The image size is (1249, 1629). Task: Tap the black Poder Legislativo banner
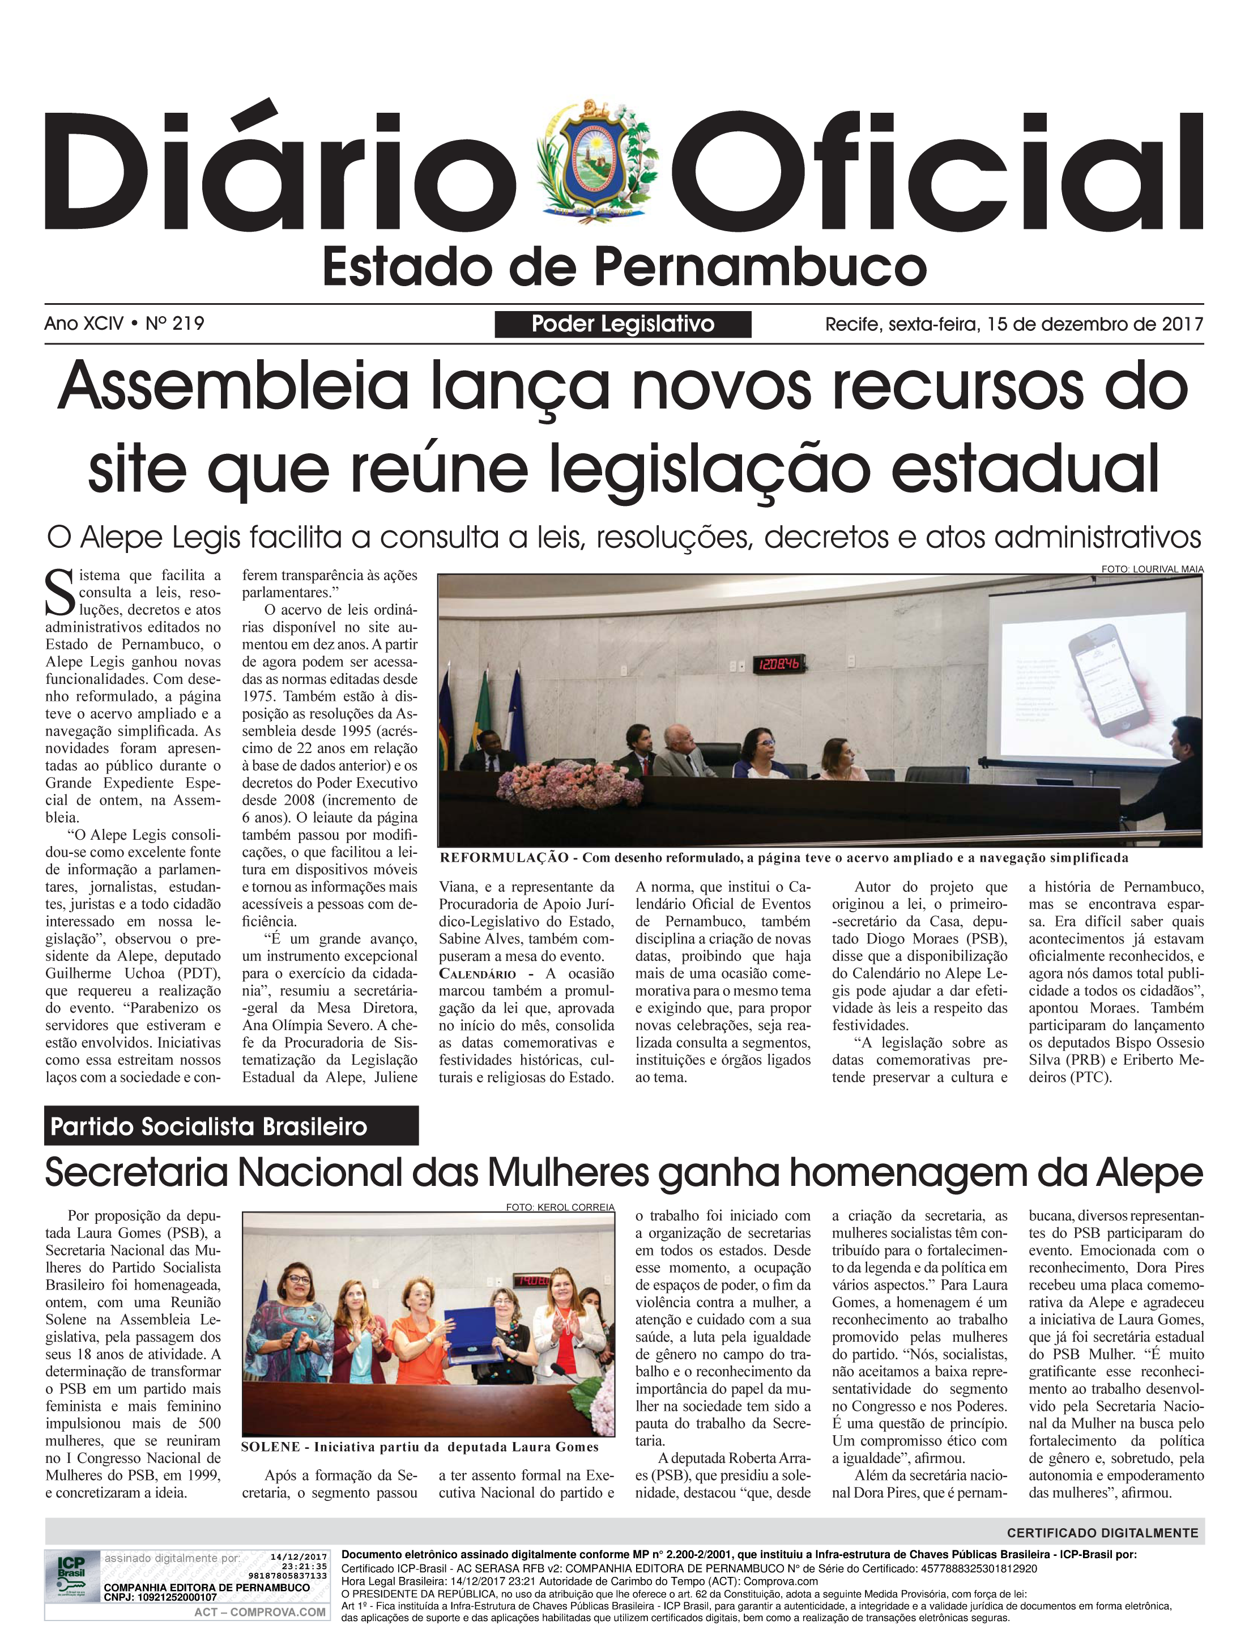click(x=623, y=324)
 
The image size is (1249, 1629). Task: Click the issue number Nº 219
click(x=176, y=324)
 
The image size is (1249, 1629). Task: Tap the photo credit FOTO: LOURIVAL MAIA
click(x=1152, y=569)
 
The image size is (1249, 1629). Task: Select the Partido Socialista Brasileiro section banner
click(x=231, y=1126)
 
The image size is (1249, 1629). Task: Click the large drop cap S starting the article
click(x=60, y=593)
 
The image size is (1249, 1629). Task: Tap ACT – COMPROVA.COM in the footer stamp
click(x=259, y=1612)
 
